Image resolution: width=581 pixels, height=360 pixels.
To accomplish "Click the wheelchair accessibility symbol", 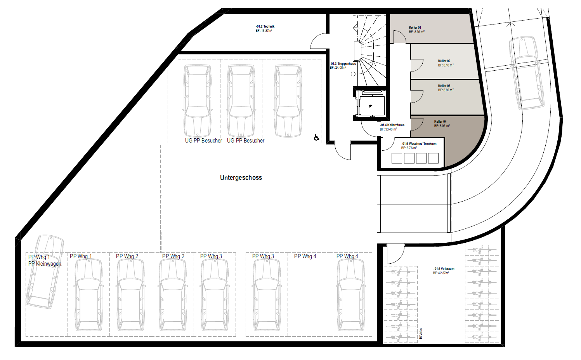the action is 316,137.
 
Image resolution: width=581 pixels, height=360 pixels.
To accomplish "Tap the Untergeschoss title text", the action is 241,178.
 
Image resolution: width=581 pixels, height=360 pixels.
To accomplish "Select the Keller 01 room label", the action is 415,28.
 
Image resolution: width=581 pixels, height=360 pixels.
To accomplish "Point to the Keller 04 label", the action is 441,122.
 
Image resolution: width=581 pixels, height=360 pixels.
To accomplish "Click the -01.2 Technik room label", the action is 265,26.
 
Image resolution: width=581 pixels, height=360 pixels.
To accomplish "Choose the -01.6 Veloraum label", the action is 443,269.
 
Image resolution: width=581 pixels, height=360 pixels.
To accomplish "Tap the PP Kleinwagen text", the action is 45,264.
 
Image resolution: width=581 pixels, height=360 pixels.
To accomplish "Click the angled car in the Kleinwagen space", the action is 45,272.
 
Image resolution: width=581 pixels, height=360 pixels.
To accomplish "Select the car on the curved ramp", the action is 527,73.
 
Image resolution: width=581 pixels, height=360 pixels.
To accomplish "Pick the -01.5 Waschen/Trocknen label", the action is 419,144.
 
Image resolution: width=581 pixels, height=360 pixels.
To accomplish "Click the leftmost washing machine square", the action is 397,158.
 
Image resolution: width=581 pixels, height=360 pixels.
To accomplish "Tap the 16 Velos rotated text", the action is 421,334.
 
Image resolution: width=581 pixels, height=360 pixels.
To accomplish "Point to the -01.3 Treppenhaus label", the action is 343,64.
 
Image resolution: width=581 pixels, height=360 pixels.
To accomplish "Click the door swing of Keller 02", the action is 417,65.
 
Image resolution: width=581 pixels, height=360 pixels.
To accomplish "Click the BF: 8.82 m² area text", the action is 446,90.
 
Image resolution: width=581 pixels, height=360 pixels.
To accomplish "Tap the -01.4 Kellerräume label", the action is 392,125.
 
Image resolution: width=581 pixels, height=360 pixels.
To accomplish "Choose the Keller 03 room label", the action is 444,86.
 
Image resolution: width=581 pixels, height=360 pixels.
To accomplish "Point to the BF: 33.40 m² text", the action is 388,129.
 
